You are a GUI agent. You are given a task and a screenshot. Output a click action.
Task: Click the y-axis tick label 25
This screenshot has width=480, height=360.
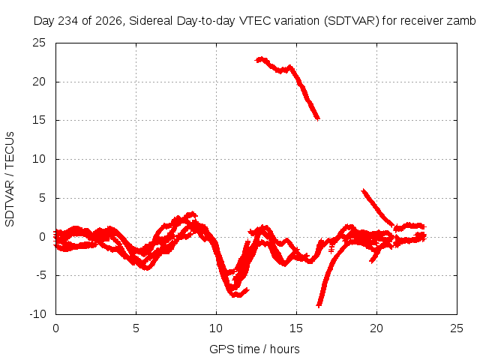tap(39, 43)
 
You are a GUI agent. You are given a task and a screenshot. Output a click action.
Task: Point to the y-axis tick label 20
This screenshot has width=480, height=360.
tap(39, 82)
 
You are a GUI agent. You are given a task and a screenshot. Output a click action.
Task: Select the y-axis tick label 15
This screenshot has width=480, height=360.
tap(39, 120)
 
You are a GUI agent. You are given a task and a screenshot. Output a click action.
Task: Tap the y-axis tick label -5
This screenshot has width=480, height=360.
tap(41, 275)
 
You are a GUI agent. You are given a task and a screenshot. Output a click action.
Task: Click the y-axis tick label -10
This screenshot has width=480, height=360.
tap(37, 314)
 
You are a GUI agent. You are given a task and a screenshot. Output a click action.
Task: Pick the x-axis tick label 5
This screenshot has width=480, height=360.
tap(136, 328)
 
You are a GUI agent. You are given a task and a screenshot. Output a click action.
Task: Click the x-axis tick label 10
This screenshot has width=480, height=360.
tap(216, 328)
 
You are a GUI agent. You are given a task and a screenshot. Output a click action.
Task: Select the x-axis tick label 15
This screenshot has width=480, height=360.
tap(296, 328)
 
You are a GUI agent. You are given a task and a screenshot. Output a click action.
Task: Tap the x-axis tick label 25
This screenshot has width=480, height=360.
tap(457, 328)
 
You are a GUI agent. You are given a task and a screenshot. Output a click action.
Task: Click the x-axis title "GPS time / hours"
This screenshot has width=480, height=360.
tap(254, 349)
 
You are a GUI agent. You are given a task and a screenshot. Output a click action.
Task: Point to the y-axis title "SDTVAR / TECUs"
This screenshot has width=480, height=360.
tap(10, 179)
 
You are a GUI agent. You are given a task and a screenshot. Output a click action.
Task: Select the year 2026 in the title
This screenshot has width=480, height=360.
tap(108, 21)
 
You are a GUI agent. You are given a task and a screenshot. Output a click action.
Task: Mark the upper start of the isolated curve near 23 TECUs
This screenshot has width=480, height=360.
tap(256, 60)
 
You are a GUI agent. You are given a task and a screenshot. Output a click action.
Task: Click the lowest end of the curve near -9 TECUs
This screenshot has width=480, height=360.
tap(318, 305)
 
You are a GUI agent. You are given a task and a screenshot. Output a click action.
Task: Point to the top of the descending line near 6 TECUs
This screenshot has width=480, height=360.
tap(363, 190)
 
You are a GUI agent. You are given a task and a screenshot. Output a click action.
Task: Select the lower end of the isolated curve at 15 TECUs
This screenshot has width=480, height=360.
tap(318, 118)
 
